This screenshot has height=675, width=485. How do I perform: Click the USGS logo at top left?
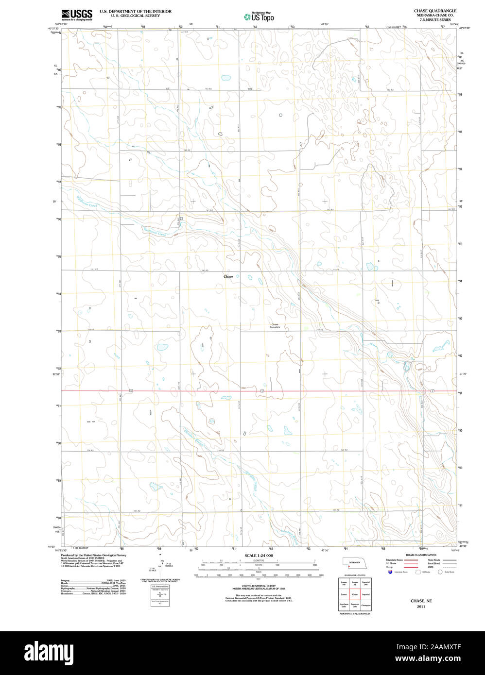coord(77,15)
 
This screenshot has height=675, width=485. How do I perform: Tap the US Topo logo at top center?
coord(259,17)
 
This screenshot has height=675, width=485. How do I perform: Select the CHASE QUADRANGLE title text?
coord(435,11)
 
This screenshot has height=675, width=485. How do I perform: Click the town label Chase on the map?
coord(228,276)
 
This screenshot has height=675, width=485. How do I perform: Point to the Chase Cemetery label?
coord(275,326)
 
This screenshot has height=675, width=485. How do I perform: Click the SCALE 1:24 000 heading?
coord(259,556)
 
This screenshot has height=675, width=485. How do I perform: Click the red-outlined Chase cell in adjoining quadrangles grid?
coord(355,594)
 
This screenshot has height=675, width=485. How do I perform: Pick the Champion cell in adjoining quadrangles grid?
coord(366,605)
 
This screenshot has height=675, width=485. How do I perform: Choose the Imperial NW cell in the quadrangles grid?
coord(366,582)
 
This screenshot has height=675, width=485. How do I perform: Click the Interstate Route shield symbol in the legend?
coord(390,572)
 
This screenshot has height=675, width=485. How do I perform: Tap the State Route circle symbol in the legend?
coord(442,572)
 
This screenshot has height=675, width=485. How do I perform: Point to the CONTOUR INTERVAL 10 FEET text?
coord(259,586)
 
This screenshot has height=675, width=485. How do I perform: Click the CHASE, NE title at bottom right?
coord(421,601)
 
